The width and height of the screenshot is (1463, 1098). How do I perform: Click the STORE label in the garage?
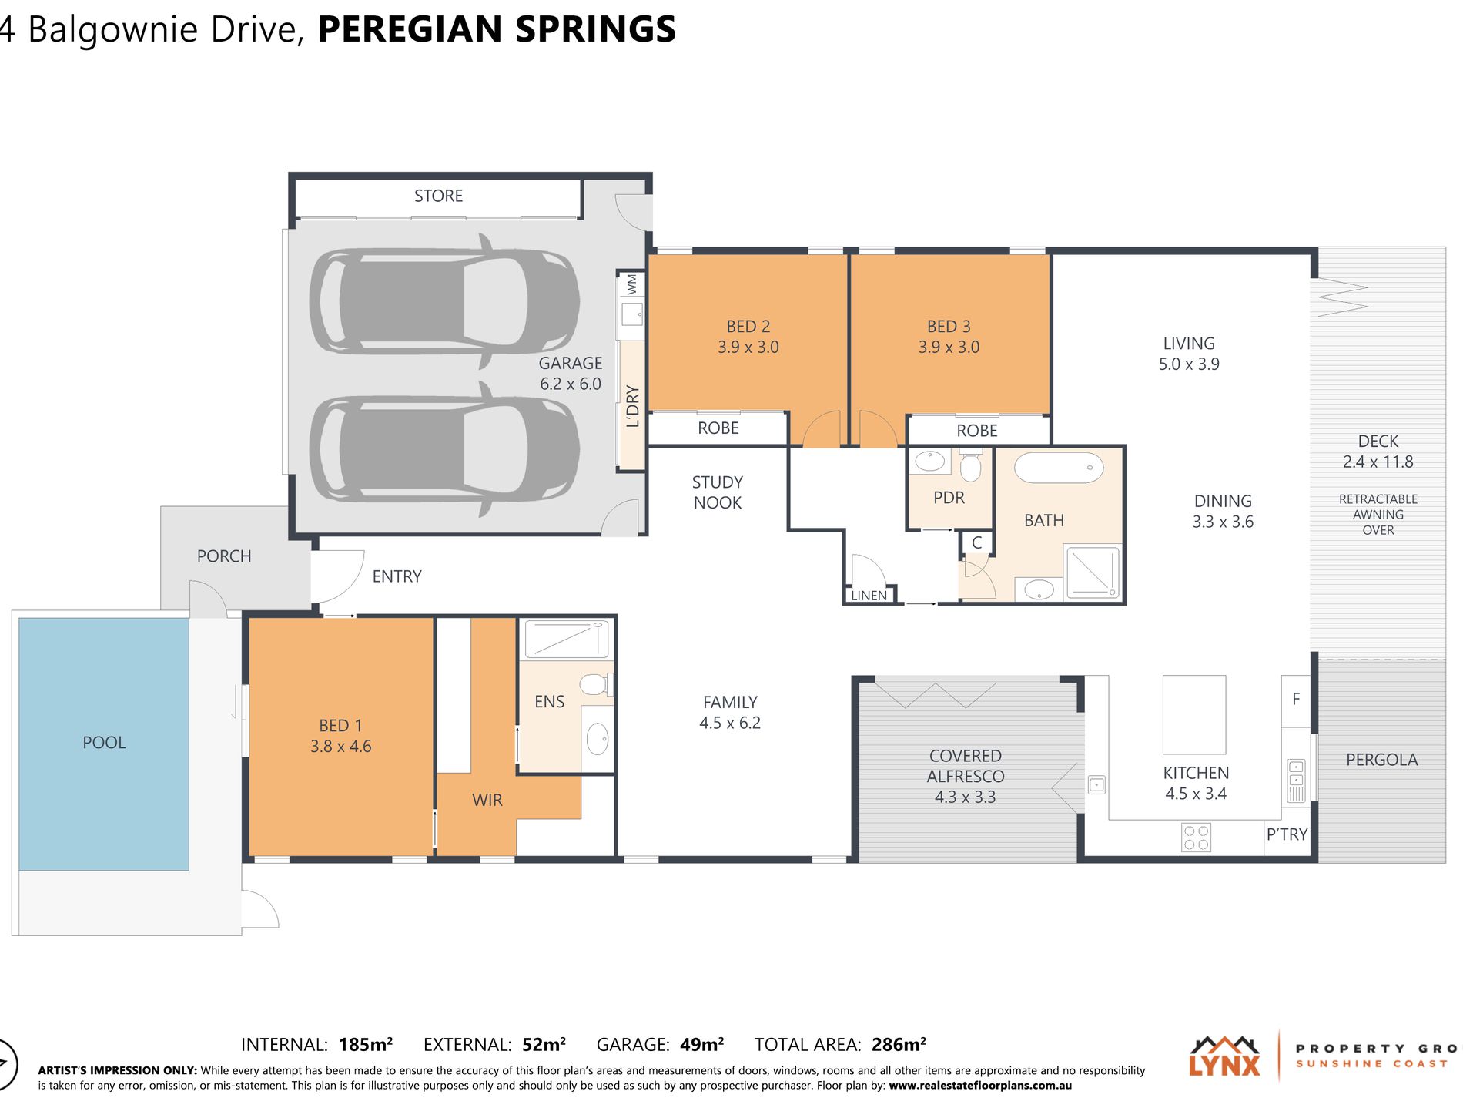[438, 196]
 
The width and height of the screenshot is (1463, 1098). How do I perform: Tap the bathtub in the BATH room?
[1059, 468]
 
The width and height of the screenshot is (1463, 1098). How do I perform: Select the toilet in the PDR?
[970, 465]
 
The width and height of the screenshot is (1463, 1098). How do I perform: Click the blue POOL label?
[104, 742]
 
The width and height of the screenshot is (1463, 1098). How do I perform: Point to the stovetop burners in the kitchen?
[1196, 838]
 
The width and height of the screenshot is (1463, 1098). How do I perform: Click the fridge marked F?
[1296, 700]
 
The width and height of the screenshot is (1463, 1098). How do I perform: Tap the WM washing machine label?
[632, 284]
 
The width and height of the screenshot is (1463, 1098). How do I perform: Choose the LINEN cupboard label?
[869, 596]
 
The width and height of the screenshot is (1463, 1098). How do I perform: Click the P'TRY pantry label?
[1287, 834]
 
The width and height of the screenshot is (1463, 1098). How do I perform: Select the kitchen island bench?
[1193, 714]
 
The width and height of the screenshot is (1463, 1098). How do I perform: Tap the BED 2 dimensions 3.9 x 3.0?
[748, 347]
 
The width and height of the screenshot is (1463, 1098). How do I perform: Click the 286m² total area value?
[899, 1044]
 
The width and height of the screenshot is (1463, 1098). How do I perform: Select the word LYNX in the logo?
[1224, 1065]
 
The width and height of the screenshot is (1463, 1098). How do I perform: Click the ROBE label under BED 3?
[977, 431]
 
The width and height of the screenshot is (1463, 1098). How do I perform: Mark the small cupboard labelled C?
[976, 543]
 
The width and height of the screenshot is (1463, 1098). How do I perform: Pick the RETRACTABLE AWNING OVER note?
[1378, 515]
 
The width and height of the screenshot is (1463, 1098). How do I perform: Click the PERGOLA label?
[1382, 760]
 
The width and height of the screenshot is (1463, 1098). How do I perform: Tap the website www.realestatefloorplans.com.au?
[980, 1086]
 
